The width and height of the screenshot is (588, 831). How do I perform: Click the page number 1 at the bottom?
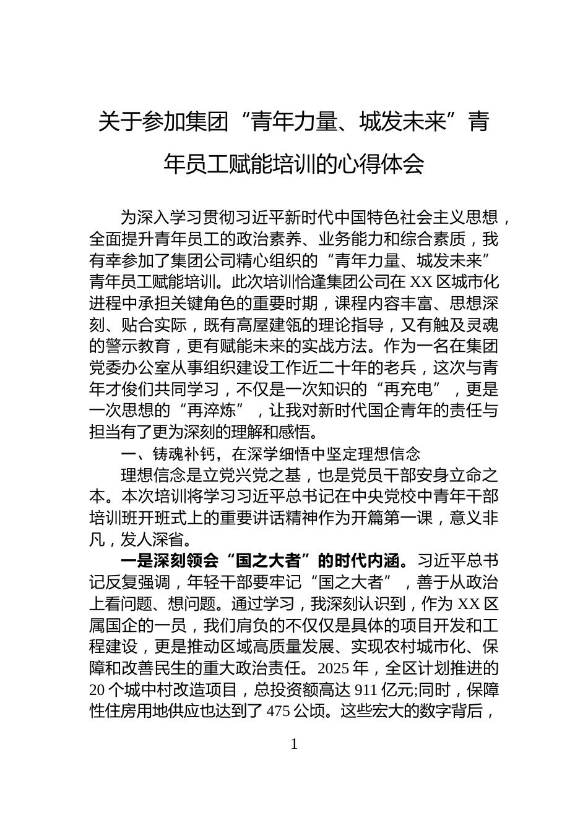click(294, 744)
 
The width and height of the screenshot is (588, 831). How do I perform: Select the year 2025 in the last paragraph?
click(336, 669)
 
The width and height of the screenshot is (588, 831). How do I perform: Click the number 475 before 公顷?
click(278, 712)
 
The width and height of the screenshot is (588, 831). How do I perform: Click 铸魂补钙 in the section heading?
click(184, 454)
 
